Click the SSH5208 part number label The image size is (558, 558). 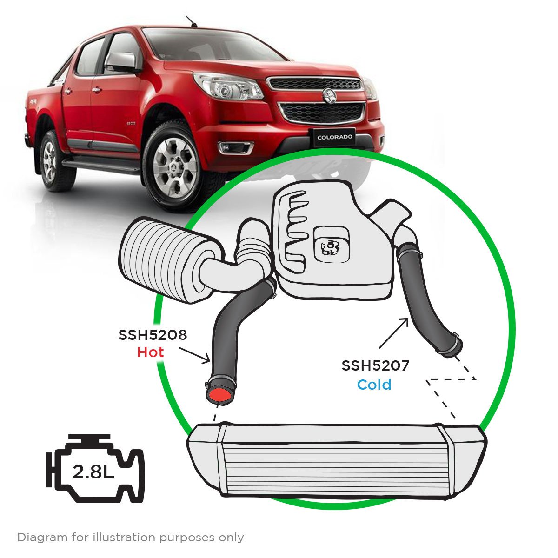(x=153, y=335)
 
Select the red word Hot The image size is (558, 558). (x=150, y=352)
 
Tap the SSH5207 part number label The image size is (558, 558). (x=375, y=366)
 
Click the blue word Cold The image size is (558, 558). (x=374, y=385)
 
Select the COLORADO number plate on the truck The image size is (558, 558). (x=335, y=137)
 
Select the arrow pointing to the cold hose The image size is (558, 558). (x=394, y=332)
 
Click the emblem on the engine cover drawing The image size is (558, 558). (x=331, y=247)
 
